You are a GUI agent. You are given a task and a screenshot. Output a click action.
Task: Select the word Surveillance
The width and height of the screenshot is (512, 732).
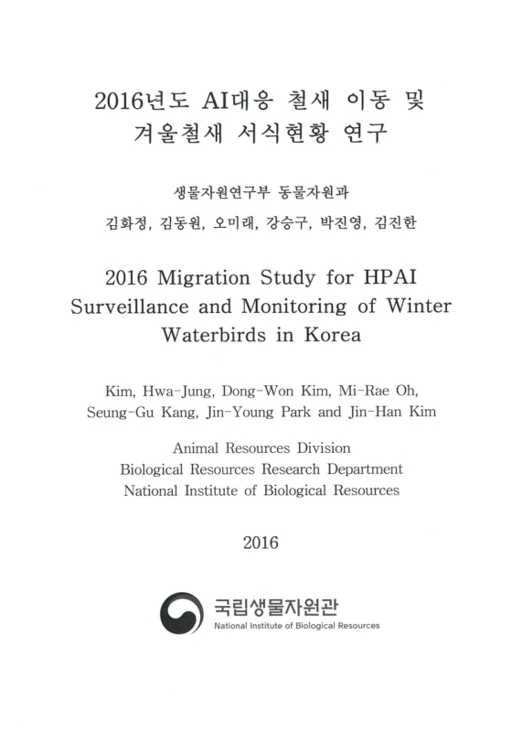133,305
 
